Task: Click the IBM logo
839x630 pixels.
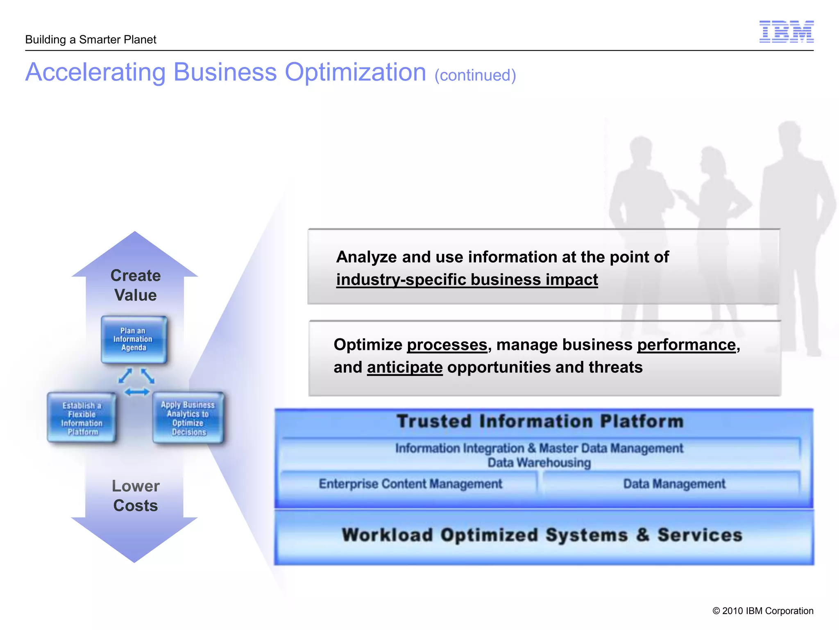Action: [x=786, y=32]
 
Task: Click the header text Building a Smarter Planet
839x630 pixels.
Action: [x=91, y=40]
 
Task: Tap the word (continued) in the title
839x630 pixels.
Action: [x=475, y=75]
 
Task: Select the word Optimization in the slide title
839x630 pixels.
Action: [x=355, y=73]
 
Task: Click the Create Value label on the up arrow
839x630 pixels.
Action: [x=135, y=285]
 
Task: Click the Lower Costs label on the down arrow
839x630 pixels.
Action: [x=135, y=495]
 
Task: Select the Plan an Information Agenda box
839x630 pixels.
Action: [x=134, y=339]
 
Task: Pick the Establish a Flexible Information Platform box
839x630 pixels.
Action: [x=82, y=418]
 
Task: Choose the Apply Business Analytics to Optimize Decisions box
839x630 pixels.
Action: [x=188, y=418]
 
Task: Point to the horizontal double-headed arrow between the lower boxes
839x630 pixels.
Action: [x=137, y=393]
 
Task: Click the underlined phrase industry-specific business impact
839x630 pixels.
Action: [x=467, y=280]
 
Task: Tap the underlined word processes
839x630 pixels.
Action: [x=447, y=345]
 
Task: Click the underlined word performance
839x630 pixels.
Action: [x=687, y=345]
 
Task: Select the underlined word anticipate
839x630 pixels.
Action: [x=405, y=367]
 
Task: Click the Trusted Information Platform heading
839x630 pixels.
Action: [x=540, y=422]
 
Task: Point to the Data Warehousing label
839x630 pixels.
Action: [x=539, y=463]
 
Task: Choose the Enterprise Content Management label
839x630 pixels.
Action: [x=410, y=484]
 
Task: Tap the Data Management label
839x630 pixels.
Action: [x=674, y=484]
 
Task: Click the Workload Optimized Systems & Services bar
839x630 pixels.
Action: [x=542, y=535]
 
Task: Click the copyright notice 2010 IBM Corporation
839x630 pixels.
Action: [x=762, y=611]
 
